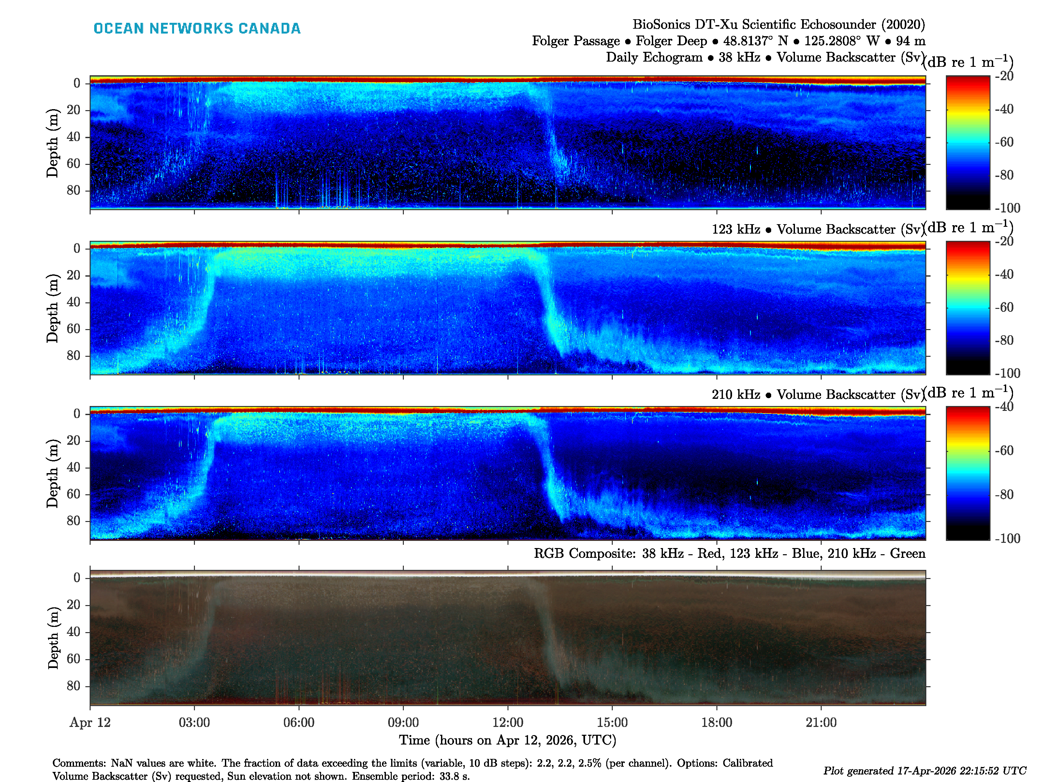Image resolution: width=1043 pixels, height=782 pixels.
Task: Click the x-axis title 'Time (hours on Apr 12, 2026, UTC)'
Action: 508,740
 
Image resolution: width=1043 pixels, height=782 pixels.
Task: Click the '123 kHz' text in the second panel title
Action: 736,230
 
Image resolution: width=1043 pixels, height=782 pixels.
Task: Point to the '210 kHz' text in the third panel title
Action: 736,395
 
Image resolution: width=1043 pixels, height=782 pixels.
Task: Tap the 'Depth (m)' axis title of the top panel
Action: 52,143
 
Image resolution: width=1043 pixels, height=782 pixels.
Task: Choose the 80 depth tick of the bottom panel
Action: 74,686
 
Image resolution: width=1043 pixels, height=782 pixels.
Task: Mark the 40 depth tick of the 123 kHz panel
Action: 74,302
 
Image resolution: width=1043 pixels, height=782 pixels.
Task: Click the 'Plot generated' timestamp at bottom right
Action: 924,771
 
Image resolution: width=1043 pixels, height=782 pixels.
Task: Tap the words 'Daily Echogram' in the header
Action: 654,57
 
